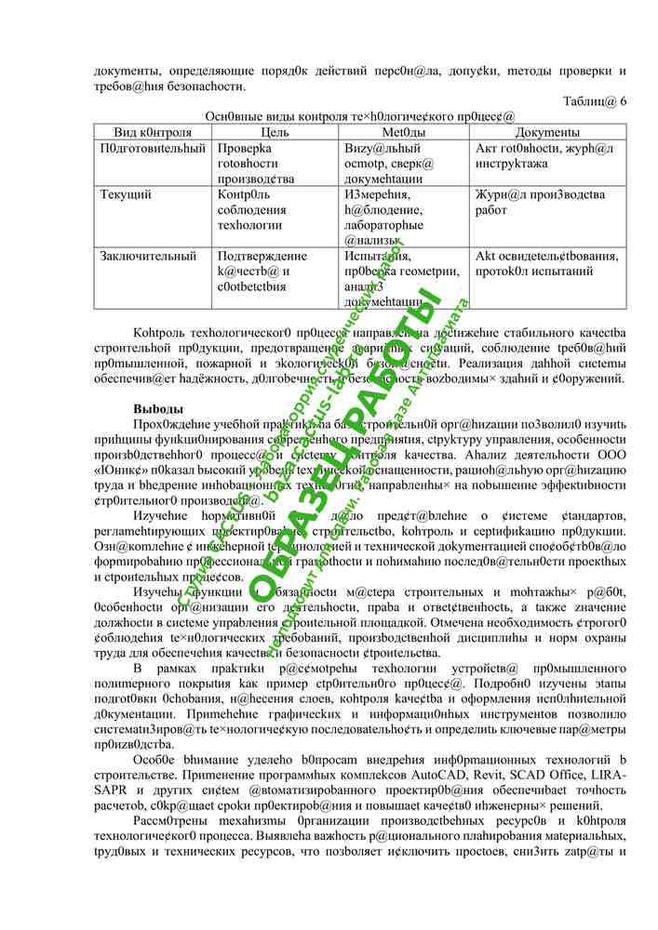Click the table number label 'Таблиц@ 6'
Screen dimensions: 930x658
595,101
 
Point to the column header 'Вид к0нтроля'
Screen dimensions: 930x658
153,133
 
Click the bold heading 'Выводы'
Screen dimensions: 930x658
158,409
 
